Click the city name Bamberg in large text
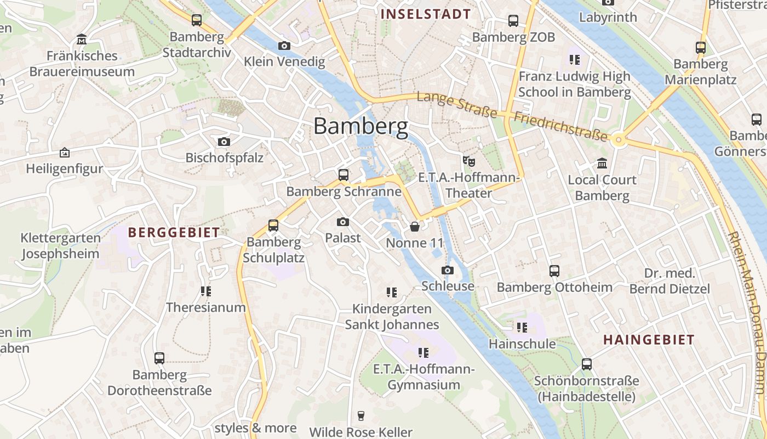[x=361, y=126]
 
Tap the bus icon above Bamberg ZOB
[x=513, y=21]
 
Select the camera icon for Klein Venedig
[x=284, y=46]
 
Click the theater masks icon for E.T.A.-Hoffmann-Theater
[x=468, y=161]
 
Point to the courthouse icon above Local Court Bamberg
[x=602, y=164]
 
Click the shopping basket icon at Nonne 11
[x=415, y=227]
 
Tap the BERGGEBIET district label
[x=174, y=232]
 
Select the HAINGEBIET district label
[x=649, y=340]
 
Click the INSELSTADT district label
[x=426, y=14]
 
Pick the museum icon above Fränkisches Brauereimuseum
[x=82, y=40]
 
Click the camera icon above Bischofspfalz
[x=224, y=142]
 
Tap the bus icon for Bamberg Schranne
[x=344, y=175]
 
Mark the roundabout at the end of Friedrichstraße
[x=619, y=140]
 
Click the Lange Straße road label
[x=457, y=105]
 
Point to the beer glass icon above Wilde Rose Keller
[x=360, y=415]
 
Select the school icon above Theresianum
[x=206, y=291]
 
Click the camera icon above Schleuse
[x=448, y=270]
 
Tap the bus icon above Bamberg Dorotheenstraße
[x=159, y=358]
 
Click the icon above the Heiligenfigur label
[x=65, y=153]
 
